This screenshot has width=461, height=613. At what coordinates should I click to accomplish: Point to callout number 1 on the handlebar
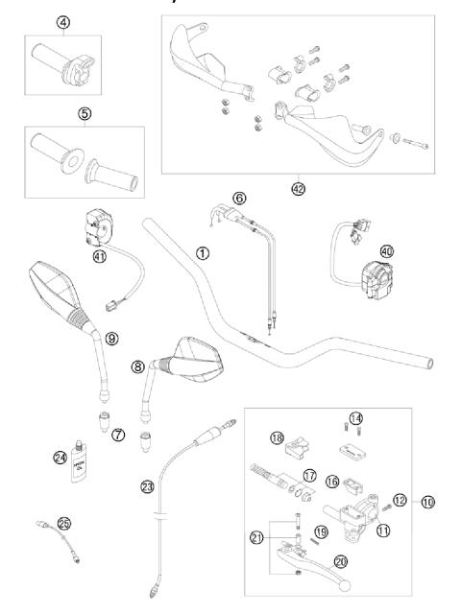click(x=202, y=253)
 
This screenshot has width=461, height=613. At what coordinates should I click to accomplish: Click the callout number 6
click(x=239, y=196)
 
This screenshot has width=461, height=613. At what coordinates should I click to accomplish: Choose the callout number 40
click(x=387, y=251)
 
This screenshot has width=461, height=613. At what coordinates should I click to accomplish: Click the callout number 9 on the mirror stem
click(x=111, y=339)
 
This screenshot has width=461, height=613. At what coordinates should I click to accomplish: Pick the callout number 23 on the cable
click(x=146, y=486)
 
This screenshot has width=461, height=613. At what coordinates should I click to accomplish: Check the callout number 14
click(x=356, y=417)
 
